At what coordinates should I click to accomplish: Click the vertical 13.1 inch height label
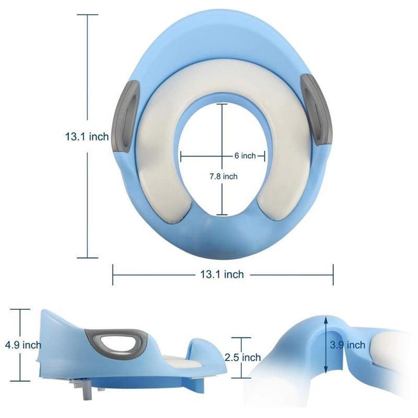point(87,137)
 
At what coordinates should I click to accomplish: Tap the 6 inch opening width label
point(245,156)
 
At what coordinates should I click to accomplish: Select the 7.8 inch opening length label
point(223,177)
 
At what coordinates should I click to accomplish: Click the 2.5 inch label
point(243,358)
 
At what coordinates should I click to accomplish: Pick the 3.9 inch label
point(349,345)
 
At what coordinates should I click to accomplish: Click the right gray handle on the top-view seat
point(317,110)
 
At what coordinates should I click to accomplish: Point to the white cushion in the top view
point(152,167)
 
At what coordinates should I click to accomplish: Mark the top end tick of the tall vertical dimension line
point(87,15)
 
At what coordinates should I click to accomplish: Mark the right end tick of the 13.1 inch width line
point(333,274)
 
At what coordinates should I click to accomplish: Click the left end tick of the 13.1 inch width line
point(113,274)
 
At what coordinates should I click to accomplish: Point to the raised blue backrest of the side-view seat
point(57,334)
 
